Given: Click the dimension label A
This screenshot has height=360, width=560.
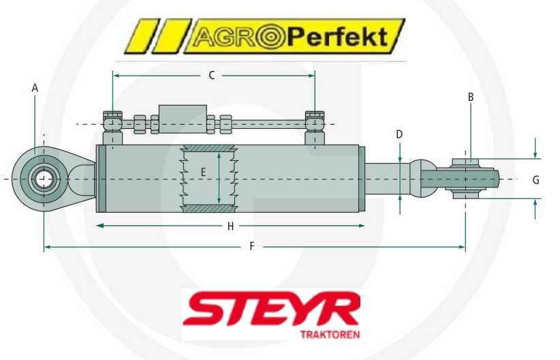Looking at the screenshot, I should (x=35, y=87).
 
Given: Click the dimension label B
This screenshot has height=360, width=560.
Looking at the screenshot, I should (x=470, y=97).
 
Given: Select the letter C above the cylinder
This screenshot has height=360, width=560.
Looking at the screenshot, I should (x=212, y=75).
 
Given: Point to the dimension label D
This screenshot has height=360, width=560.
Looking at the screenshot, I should (x=400, y=134).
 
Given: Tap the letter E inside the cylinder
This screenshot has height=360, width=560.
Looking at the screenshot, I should (x=203, y=172).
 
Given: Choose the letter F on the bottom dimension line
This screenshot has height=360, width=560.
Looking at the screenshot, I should (x=251, y=246).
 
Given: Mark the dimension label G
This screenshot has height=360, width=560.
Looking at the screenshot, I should (x=535, y=180).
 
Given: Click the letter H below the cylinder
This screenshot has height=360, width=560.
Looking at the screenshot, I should (x=230, y=225).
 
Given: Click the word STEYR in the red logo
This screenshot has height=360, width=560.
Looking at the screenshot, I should (x=271, y=311).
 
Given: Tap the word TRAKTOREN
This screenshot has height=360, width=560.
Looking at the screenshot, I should (x=330, y=335).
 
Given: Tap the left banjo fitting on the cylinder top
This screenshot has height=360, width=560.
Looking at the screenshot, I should (x=112, y=123).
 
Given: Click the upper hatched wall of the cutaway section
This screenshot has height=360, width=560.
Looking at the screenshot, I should (x=208, y=149).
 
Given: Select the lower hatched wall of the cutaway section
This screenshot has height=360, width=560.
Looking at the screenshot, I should (x=208, y=208).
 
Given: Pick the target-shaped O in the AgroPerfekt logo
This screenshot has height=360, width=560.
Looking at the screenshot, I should (x=268, y=37).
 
